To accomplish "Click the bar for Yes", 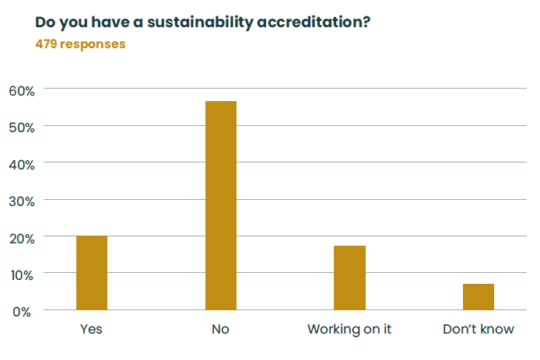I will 92,273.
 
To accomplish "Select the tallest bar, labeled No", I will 220,205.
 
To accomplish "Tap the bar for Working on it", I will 349,278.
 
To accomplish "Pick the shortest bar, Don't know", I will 478,297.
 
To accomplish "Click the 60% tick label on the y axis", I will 22,90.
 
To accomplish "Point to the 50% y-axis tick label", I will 22,127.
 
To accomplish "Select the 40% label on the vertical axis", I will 22,164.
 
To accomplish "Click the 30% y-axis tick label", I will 22,201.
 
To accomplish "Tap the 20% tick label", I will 22,238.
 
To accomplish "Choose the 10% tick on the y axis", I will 22,274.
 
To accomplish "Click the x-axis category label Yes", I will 92,329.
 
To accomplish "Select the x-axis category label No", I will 220,329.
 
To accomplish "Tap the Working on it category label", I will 349,329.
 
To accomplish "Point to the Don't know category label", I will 478,329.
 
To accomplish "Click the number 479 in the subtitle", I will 46,44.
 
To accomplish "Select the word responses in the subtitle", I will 93,44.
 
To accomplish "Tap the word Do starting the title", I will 45,21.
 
